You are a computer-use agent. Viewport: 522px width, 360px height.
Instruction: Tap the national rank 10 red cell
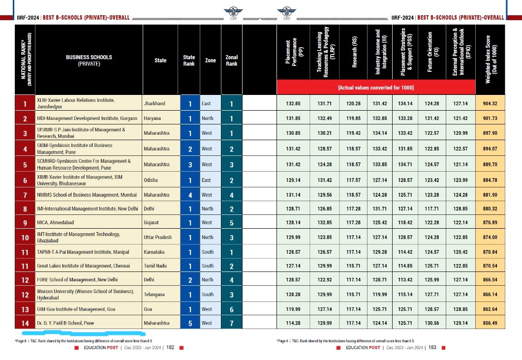tap(25, 238)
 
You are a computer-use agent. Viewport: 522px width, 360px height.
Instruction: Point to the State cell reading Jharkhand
tap(154, 104)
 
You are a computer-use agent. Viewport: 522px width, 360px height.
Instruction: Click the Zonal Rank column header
tap(231, 60)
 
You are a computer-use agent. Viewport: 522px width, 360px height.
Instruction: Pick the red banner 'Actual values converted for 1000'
tap(376, 88)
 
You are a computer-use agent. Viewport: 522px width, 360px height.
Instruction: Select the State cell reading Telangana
tap(154, 294)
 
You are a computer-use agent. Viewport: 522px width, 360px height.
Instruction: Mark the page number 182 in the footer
tap(170, 348)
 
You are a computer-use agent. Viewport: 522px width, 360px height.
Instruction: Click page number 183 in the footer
tap(432, 348)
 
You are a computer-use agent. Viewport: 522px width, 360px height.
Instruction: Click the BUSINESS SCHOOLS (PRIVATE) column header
tap(89, 60)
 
